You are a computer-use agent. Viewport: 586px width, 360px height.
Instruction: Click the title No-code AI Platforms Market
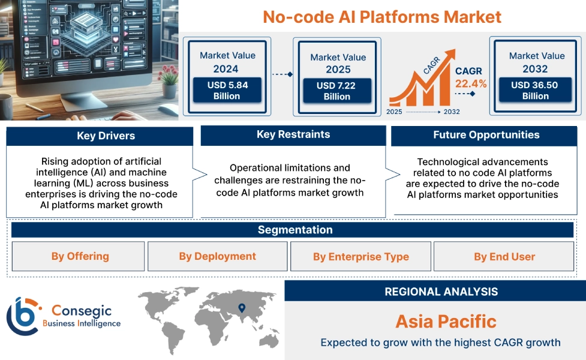(382, 16)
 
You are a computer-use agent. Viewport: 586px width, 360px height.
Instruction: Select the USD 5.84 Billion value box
(227, 91)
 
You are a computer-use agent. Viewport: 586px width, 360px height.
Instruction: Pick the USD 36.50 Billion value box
(535, 91)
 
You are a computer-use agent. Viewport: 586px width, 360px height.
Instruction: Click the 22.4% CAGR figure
(471, 83)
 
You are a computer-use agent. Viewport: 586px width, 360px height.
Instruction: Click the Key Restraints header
(293, 134)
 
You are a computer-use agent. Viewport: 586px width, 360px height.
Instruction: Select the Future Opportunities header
(486, 135)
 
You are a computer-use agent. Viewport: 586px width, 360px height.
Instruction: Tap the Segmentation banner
(294, 230)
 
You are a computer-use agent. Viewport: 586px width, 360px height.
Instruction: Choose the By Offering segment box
(80, 256)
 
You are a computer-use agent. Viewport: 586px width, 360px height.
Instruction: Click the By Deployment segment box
(217, 256)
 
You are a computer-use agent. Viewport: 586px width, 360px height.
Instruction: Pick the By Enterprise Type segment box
(360, 257)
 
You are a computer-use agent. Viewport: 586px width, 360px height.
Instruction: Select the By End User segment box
(504, 257)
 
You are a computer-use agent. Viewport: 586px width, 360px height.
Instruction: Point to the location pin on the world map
(242, 308)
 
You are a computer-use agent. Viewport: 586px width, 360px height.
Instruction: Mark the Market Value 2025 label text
(338, 63)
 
